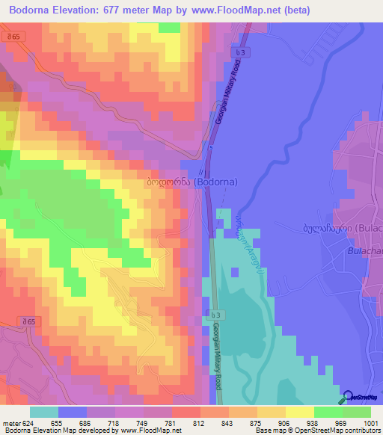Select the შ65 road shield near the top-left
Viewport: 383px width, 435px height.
pyautogui.click(x=31, y=36)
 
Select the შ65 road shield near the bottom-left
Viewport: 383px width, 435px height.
pyautogui.click(x=30, y=321)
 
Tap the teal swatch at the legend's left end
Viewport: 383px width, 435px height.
pyautogui.click(x=44, y=412)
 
